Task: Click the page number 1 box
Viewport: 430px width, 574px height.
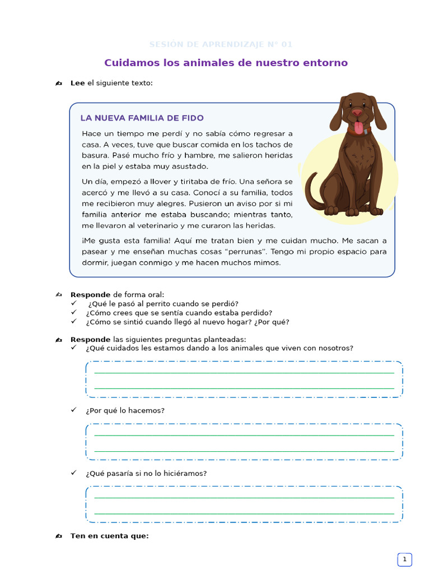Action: (404, 559)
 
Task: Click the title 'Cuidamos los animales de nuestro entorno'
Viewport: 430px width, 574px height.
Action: (226, 63)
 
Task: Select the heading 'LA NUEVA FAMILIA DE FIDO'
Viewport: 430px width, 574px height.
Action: (142, 118)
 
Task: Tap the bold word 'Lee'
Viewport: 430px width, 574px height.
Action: (77, 83)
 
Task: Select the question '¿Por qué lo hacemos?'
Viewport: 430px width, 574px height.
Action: (125, 410)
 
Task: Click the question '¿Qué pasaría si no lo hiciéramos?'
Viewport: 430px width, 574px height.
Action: (146, 473)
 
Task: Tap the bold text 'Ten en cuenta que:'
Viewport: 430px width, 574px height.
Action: (109, 536)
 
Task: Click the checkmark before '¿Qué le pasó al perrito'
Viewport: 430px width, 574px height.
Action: (74, 303)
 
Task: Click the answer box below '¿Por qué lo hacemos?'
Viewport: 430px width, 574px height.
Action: (244, 442)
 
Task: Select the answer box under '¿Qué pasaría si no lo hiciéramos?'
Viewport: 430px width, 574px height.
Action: (244, 504)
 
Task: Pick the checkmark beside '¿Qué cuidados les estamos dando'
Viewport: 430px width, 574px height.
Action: (74, 348)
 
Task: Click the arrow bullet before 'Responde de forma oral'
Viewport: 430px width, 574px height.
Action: (59, 294)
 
